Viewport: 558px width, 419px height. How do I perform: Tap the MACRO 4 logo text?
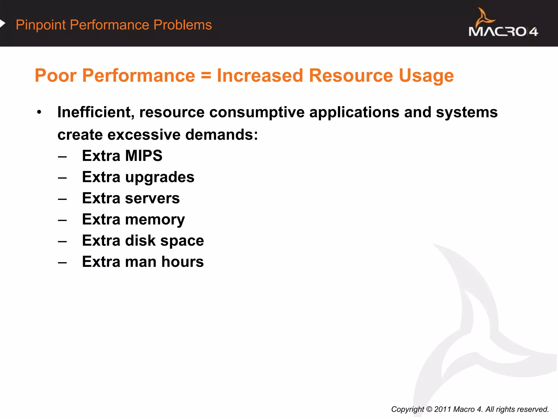(503, 32)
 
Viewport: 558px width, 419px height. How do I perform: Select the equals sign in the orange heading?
(206, 76)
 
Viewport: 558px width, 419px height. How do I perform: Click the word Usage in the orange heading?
(426, 76)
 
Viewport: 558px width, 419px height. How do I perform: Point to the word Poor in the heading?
(56, 76)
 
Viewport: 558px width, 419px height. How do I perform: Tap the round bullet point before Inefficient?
(39, 112)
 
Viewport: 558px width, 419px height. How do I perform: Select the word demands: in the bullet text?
(222, 135)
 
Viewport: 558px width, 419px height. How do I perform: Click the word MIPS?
(144, 156)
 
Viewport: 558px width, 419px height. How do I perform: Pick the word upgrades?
(160, 178)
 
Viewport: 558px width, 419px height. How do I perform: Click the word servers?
(152, 198)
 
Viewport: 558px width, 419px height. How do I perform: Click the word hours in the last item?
(183, 262)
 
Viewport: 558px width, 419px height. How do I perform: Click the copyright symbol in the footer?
(429, 409)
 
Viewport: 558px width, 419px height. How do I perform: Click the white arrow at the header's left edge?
(2, 23)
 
